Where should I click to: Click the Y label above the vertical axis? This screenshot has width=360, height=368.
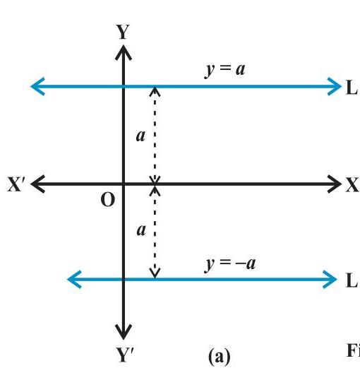pos(123,32)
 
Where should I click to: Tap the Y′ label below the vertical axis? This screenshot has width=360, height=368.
pos(125,355)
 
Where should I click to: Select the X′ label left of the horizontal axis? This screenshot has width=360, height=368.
pos(16,184)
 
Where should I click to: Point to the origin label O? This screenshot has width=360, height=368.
pos(108,200)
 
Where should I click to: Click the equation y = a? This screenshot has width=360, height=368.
pos(225,70)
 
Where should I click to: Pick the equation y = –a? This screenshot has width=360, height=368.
pos(230,264)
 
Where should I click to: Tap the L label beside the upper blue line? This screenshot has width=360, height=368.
pos(352,88)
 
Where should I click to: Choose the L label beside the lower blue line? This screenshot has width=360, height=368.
pos(352,280)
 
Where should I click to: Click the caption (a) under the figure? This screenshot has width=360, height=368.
pos(220,357)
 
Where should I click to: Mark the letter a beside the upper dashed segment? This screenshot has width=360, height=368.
pos(140,136)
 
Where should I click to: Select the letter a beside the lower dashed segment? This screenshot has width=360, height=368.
pos(141,230)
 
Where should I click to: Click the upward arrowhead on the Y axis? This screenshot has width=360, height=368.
pos(124,52)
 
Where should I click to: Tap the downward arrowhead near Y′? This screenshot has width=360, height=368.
pos(124,332)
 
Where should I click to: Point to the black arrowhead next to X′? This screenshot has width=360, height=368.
pos(37,184)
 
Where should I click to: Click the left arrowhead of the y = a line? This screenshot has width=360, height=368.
pos(37,86)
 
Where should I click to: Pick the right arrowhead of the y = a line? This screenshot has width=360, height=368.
pos(335,86)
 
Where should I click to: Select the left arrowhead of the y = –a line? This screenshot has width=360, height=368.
pos(74,280)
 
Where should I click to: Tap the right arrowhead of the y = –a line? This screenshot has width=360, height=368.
pos(330,280)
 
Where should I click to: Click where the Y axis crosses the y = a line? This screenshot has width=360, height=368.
pos(124,86)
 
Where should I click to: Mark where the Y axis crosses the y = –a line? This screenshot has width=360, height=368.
pos(124,280)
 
